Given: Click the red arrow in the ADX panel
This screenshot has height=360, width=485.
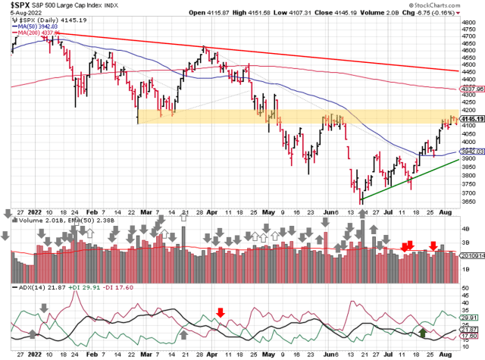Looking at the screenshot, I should (x=221, y=312).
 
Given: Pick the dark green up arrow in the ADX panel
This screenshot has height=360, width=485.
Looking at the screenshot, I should (x=423, y=330).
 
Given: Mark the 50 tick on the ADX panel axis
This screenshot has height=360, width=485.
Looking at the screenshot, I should (x=465, y=289).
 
